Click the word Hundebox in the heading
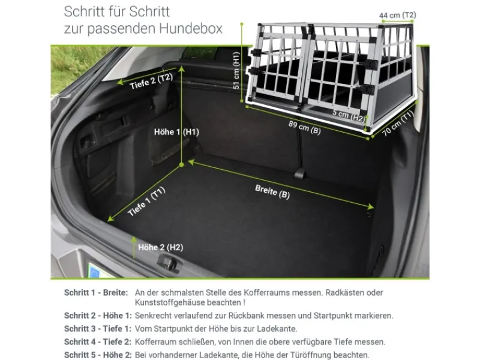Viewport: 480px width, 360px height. click(x=191, y=28)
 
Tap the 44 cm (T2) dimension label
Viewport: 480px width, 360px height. click(x=397, y=15)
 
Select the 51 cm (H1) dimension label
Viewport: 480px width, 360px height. click(x=236, y=70)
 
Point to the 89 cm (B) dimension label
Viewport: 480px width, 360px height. click(x=305, y=127)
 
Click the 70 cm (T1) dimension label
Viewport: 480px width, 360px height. click(x=398, y=123)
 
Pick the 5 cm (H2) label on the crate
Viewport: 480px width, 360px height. click(x=349, y=115)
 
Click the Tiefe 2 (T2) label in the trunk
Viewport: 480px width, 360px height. click(x=151, y=81)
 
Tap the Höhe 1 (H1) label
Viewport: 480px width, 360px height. click(x=176, y=132)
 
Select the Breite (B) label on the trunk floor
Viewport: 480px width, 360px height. click(x=272, y=191)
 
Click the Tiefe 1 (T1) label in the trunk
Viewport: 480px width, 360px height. click(x=146, y=201)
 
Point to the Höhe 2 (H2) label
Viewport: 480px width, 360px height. click(x=161, y=247)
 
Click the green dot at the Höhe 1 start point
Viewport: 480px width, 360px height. click(x=182, y=164)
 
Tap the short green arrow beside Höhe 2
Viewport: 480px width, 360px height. click(x=134, y=247)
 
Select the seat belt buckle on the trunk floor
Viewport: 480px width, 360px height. click(x=299, y=173)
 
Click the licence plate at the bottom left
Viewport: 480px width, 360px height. click(x=98, y=270)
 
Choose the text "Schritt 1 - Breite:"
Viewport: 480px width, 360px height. click(x=96, y=293)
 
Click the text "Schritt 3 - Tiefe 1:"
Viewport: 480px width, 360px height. click(x=98, y=329)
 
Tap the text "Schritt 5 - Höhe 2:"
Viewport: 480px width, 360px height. click(x=98, y=355)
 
